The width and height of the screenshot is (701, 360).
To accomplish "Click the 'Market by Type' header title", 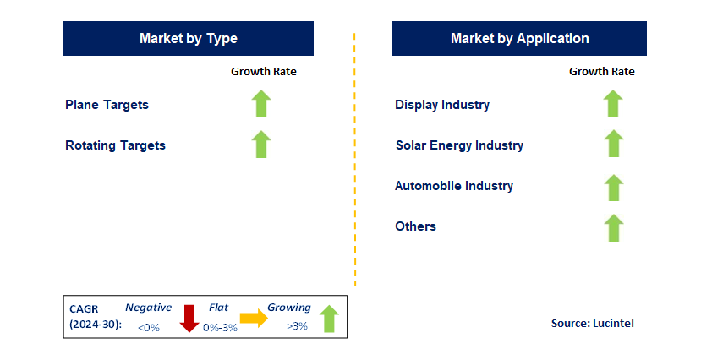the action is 189,39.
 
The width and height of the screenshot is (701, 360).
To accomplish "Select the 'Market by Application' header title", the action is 519,39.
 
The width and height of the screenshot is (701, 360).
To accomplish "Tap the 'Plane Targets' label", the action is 107,105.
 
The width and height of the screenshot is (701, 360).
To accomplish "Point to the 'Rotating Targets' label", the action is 115,145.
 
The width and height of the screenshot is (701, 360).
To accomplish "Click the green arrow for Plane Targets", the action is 261,104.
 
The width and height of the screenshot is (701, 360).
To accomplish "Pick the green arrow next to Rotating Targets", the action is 261,145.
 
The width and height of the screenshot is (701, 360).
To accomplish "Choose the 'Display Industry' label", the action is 442,105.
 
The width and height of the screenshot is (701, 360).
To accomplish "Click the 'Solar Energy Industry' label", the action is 460,145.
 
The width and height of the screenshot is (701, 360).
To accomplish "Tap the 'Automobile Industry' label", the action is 454,186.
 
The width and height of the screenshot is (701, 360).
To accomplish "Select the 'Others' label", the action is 415,226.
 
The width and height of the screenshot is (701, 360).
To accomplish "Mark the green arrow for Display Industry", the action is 613,103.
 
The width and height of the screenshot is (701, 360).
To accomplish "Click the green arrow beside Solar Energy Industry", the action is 613,144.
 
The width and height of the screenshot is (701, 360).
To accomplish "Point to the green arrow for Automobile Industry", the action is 613,188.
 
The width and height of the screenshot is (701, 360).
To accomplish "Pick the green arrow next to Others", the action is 613,228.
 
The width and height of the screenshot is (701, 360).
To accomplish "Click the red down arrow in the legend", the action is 189,319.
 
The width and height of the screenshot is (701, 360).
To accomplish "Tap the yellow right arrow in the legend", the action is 254,318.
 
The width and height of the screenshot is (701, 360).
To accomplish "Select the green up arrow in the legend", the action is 329,319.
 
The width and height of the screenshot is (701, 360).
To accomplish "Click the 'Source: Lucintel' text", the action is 593,324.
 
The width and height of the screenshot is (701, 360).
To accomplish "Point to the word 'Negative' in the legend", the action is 149,308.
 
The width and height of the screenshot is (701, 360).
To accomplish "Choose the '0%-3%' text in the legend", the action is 220,328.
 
